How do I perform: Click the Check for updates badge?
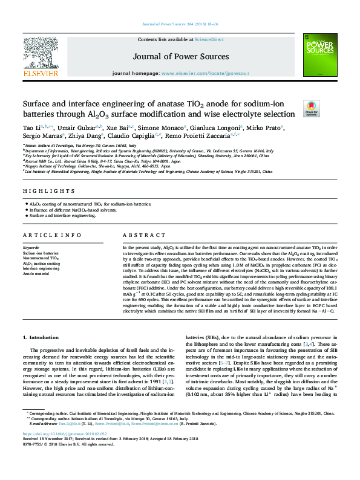click(x=311, y=107)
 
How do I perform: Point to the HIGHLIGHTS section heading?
click(x=41, y=191)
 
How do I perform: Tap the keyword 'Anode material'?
click(x=37, y=273)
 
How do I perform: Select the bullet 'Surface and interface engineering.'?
click(x=61, y=215)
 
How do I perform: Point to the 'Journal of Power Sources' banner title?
click(x=179, y=57)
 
